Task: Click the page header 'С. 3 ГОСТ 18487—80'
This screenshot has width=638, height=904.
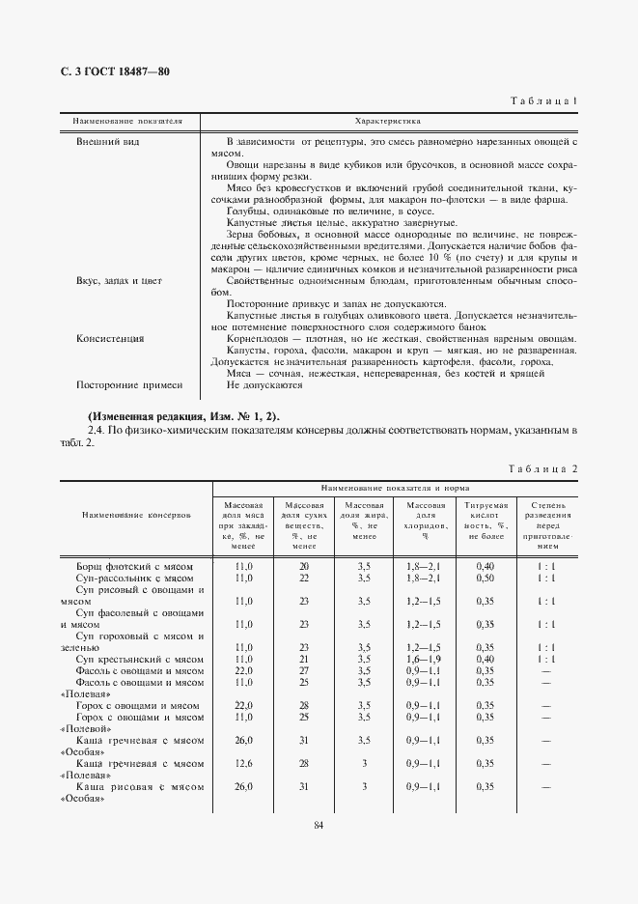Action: click(x=109, y=71)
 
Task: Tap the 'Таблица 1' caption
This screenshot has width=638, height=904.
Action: click(x=543, y=101)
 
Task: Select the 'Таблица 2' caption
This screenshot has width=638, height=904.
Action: click(x=542, y=468)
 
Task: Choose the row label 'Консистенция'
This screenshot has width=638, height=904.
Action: click(x=111, y=339)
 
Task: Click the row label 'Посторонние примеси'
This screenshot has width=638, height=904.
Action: click(x=129, y=384)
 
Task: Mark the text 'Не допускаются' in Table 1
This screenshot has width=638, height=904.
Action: click(x=264, y=384)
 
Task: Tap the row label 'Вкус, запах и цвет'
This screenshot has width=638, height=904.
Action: click(x=119, y=280)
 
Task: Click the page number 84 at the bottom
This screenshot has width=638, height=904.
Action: click(x=319, y=823)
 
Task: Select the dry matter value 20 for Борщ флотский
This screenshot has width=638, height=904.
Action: click(x=303, y=566)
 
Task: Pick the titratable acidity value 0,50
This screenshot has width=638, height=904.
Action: click(x=485, y=578)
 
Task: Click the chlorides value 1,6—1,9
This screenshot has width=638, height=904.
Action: click(x=424, y=659)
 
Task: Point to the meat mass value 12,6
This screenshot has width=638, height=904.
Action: click(x=243, y=763)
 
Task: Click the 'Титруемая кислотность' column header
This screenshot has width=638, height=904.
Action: click(x=485, y=520)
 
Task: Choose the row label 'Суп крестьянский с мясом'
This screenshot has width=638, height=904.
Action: click(x=139, y=659)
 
